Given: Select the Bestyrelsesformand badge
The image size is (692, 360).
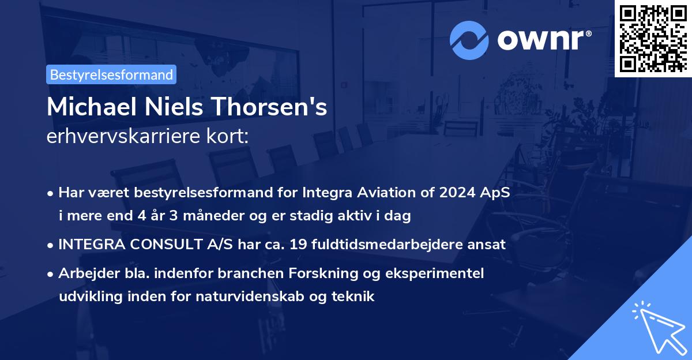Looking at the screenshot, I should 111,74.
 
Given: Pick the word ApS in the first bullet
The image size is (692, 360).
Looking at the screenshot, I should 497,193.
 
